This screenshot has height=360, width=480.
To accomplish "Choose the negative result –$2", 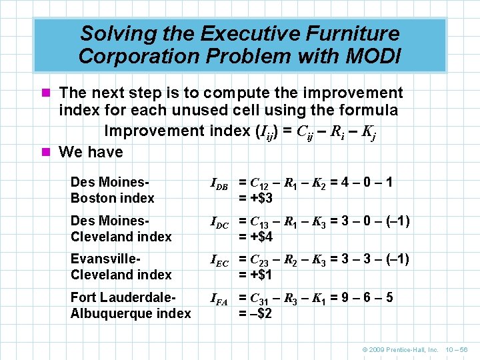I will [x=255, y=313].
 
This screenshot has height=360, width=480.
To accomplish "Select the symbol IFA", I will [x=219, y=299].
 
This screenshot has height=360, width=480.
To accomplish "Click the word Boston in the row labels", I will [x=91, y=198].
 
